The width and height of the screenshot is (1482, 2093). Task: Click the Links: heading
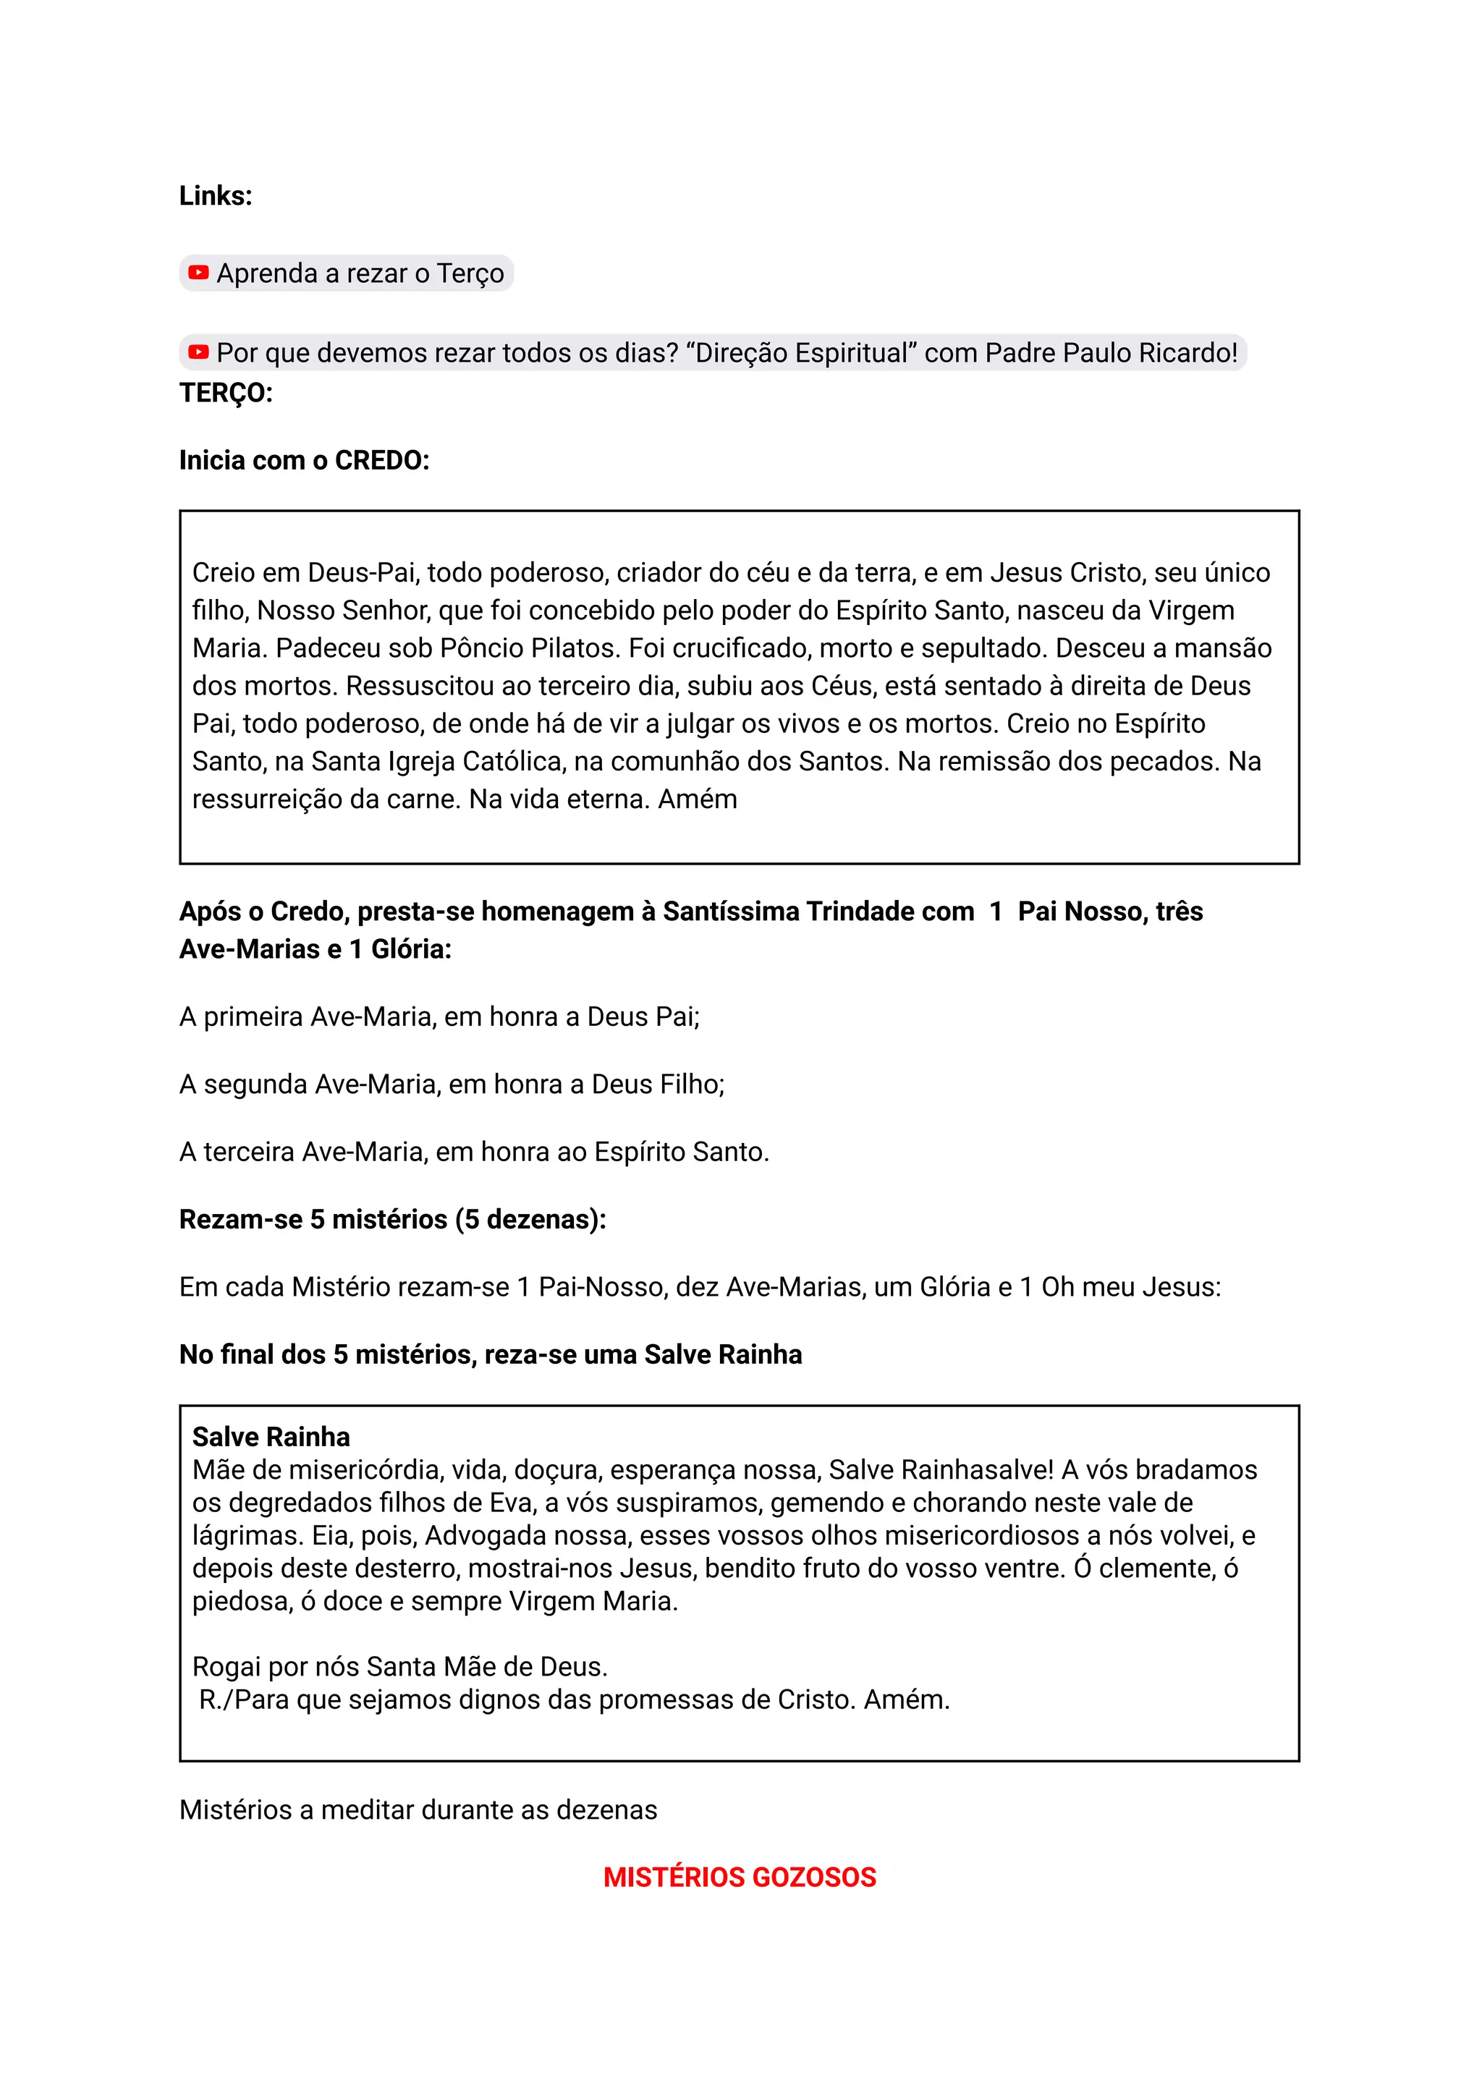216,196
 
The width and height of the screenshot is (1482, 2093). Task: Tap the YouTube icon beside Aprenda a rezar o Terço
198,273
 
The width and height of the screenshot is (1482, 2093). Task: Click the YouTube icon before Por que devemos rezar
198,352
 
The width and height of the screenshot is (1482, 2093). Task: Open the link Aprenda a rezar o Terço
360,273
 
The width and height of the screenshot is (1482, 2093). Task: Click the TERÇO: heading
225,394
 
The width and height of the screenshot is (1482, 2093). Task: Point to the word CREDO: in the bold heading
381,461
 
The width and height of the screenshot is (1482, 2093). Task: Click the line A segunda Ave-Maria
452,1084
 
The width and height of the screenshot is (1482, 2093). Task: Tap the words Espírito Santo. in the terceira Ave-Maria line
681,1152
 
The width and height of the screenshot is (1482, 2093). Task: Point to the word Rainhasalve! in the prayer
975,1470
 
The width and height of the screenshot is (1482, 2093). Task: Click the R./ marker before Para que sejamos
216,1699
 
